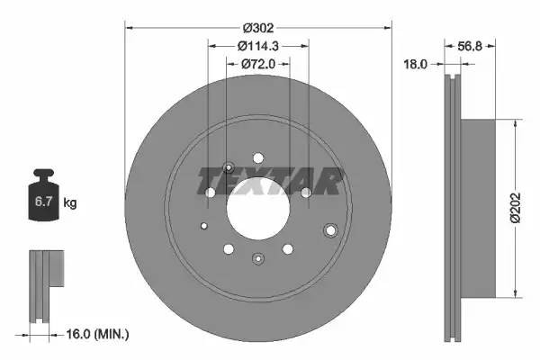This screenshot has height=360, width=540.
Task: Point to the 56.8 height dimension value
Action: tap(472, 46)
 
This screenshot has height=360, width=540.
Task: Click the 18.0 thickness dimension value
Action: tap(416, 65)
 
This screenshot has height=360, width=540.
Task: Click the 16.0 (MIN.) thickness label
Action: tap(99, 334)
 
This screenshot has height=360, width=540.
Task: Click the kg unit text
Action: tap(70, 204)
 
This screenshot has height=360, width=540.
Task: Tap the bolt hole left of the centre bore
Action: tap(210, 193)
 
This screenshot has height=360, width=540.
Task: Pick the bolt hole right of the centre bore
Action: tap(306, 193)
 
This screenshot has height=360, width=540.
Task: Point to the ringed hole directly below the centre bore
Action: tap(258, 259)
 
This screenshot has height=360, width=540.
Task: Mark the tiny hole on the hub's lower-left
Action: tap(204, 226)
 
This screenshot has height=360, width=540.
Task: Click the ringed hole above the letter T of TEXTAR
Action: tap(228, 166)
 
